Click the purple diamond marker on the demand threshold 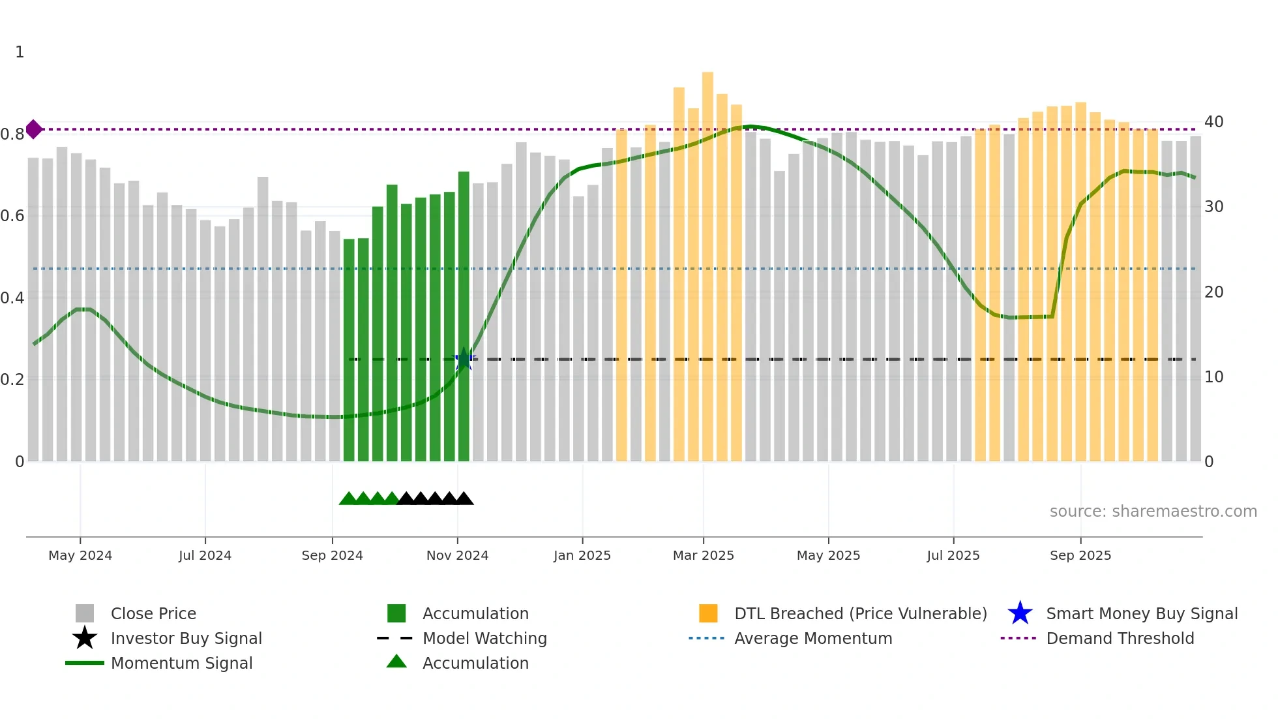[x=34, y=129]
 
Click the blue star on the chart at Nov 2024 [x=464, y=359]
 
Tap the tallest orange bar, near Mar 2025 [x=707, y=261]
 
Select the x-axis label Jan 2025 [x=582, y=555]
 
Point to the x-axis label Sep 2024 [x=332, y=555]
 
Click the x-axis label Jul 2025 [x=953, y=555]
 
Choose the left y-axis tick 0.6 [x=12, y=216]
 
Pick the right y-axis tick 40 [x=1213, y=122]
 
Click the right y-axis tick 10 [x=1213, y=377]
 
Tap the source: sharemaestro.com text [x=1153, y=512]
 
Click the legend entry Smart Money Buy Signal [x=1141, y=614]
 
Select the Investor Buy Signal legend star [x=85, y=638]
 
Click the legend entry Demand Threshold [x=1120, y=639]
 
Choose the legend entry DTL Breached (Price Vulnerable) [x=860, y=614]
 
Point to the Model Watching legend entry [x=484, y=639]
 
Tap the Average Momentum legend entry [x=812, y=639]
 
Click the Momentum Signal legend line [x=85, y=663]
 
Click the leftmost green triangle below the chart [x=348, y=499]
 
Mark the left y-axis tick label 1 [x=20, y=52]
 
